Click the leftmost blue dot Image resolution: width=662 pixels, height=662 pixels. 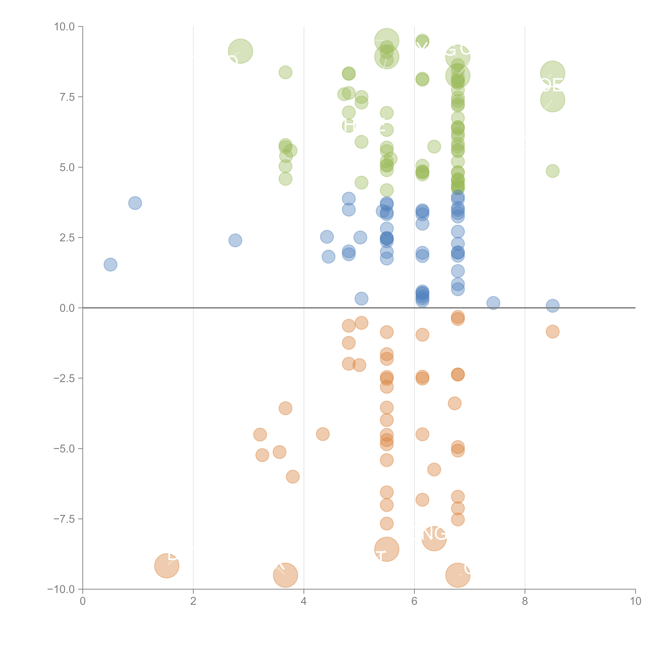110,265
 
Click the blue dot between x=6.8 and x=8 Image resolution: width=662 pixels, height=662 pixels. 493,303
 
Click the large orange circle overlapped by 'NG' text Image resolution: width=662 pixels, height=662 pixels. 434,539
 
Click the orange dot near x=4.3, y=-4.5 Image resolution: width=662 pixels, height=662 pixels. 323,434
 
